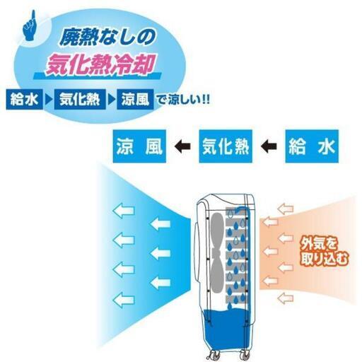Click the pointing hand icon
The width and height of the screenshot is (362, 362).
pos(30,26)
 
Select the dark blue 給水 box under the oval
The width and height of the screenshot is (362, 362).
pos(24,99)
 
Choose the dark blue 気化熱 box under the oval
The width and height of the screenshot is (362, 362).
pos(80,99)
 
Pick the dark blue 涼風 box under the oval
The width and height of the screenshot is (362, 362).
pos(135,99)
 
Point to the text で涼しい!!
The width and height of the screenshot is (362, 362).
pos(183,100)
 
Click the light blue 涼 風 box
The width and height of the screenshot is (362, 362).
pos(139,146)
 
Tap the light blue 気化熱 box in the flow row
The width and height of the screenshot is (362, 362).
pos(226,146)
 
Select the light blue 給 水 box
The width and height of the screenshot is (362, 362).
pos(312,146)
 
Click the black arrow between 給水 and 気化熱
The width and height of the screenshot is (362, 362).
pos(269,146)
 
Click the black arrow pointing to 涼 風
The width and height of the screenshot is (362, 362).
pos(182,146)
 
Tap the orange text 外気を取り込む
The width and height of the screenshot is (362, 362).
pos(324,252)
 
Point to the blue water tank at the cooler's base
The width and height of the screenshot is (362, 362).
pos(227,329)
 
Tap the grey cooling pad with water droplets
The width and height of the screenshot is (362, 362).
pos(237,256)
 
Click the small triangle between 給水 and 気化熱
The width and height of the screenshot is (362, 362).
pos(49,100)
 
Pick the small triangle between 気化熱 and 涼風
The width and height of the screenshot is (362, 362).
pos(111,100)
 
